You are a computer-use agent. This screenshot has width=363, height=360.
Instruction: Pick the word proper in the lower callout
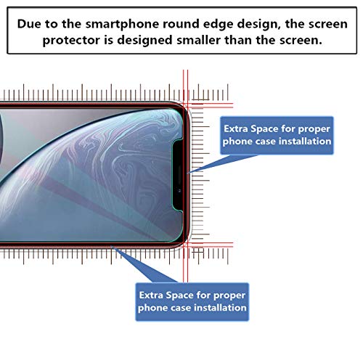(225, 294)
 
